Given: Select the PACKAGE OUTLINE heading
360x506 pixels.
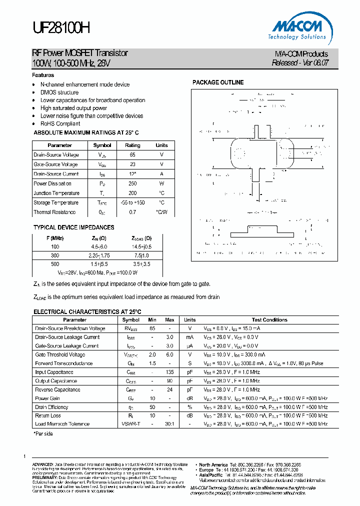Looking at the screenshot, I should click(x=218, y=82).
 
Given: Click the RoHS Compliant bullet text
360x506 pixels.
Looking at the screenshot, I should click(x=60, y=123).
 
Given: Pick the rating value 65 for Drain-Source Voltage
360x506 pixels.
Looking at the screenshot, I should click(x=132, y=155).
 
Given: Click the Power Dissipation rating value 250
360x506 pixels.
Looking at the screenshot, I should click(x=132, y=183).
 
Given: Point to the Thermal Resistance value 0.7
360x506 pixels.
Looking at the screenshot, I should click(x=132, y=212).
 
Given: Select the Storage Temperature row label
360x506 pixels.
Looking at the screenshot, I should click(x=56, y=202).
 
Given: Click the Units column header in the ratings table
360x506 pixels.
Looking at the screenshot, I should click(x=161, y=145).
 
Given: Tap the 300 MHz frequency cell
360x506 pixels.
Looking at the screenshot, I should click(x=55, y=255).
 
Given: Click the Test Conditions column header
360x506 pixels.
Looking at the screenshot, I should click(x=269, y=319).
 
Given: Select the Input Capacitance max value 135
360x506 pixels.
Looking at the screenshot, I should click(x=169, y=372).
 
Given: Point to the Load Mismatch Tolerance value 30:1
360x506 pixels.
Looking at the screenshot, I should click(x=169, y=423).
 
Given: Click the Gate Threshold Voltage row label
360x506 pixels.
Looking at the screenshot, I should click(x=60, y=354).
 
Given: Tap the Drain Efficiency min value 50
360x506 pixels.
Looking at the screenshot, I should click(x=152, y=407).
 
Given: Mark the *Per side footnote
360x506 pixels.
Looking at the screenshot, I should click(x=43, y=433).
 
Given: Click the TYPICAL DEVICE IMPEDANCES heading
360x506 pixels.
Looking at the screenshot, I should click(x=73, y=227).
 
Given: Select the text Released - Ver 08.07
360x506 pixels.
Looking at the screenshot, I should click(x=300, y=63).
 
